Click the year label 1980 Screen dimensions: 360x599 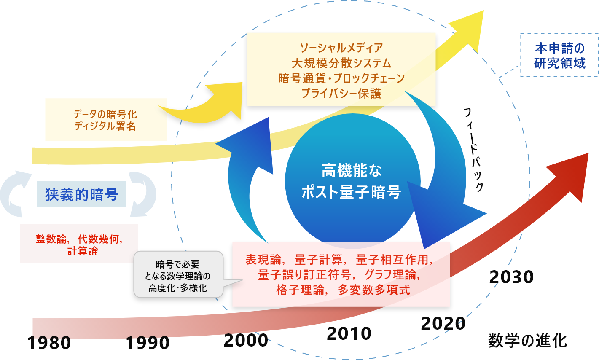tap(49, 343)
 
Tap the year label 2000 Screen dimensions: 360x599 tap(246, 340)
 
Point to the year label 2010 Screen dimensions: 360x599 tap(349, 333)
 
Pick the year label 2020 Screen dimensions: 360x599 tap(443, 323)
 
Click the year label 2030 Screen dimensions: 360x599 tap(511, 277)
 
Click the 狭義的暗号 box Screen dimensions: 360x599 tap(81, 194)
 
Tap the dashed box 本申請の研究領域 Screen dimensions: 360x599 tap(559, 55)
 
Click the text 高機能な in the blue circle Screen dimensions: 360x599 tap(352, 171)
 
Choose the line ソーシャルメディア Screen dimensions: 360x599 tap(341, 48)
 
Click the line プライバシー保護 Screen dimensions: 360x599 tap(341, 94)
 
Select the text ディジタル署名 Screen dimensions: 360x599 tap(105, 126)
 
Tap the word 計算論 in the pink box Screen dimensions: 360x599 tap(83, 251)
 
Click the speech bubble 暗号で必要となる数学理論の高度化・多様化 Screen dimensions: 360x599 tap(177, 276)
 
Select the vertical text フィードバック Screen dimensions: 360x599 tap(473, 150)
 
